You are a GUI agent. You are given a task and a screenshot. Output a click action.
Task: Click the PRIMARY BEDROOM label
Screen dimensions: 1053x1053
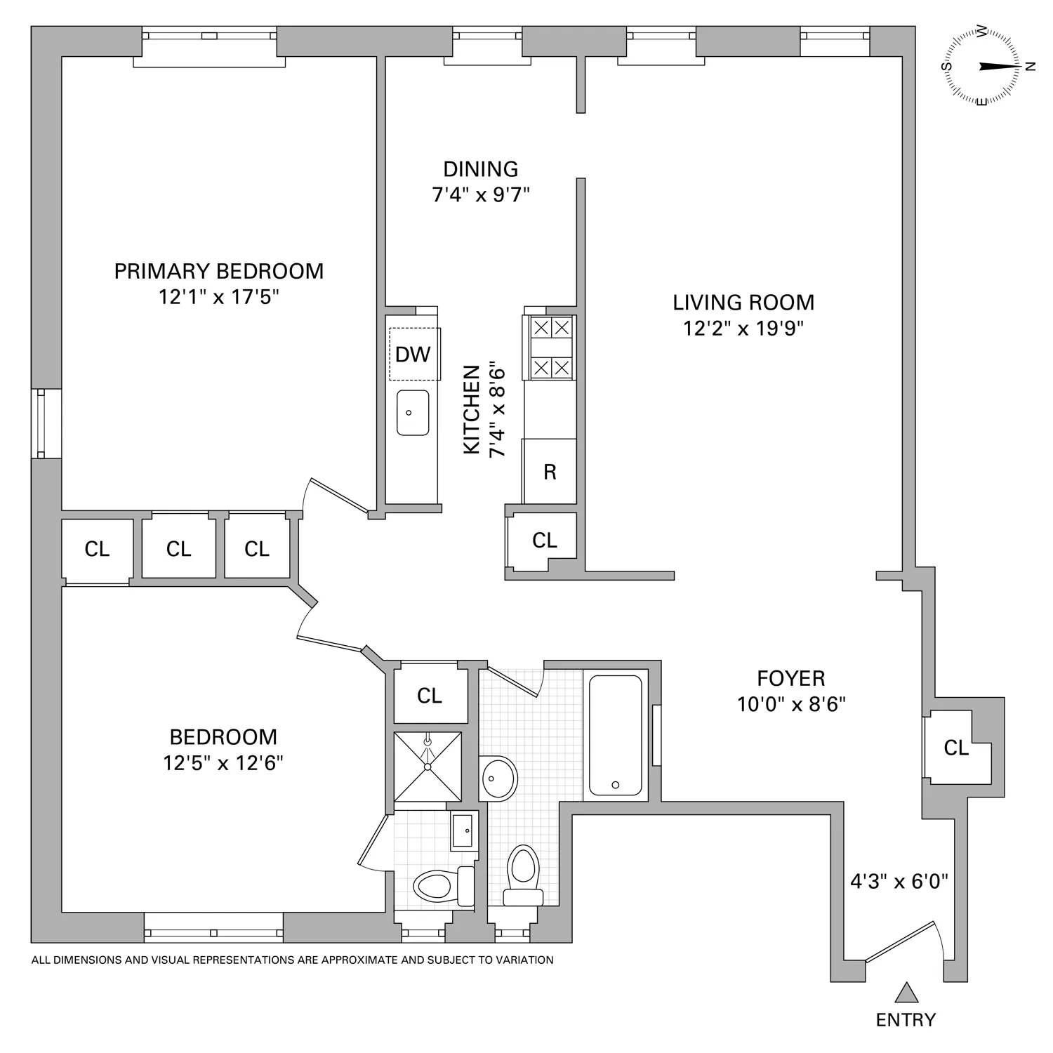[x=219, y=271]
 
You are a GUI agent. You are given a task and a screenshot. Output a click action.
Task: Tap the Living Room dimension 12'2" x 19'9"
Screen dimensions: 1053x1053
[x=743, y=328]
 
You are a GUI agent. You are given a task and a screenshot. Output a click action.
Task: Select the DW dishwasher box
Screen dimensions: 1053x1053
[x=413, y=355]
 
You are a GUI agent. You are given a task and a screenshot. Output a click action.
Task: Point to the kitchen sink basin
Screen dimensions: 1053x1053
[x=412, y=413]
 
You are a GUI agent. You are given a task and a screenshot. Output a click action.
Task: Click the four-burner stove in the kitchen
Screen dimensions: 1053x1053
[x=550, y=347]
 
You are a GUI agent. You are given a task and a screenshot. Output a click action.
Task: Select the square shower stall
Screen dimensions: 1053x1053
[x=428, y=767]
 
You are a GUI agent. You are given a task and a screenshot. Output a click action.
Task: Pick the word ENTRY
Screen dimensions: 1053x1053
[x=906, y=1020]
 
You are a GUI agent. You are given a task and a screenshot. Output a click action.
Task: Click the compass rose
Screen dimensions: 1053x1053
[x=982, y=67]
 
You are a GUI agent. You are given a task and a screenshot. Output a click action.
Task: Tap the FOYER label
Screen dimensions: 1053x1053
[x=790, y=678]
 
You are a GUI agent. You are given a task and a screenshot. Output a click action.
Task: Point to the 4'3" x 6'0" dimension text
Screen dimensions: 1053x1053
[x=899, y=881]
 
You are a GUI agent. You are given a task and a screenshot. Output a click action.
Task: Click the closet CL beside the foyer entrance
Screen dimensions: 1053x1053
[x=955, y=748]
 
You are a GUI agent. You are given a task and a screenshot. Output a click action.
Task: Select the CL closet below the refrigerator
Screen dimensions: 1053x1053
[x=544, y=540]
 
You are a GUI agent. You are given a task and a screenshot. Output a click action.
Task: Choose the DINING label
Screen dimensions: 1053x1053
[x=480, y=169]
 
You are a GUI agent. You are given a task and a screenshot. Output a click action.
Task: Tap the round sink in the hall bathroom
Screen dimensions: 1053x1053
[x=498, y=777]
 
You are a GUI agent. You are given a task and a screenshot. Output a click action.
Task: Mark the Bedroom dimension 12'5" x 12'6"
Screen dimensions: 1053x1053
[x=223, y=763]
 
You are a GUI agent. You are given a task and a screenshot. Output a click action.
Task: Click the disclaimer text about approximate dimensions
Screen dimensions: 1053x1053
[x=293, y=960]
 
